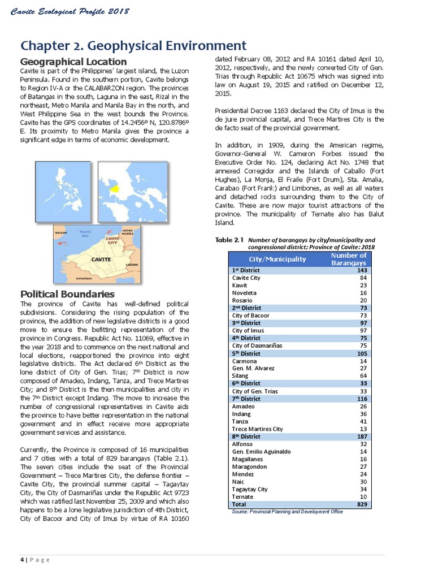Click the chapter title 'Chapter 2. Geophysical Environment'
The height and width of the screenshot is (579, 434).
[x=133, y=45]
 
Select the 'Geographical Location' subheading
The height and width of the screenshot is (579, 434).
[x=73, y=61]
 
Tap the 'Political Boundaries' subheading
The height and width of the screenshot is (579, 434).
[x=67, y=294]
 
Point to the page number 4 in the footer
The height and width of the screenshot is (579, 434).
[x=22, y=560]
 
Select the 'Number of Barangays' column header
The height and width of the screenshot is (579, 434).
[x=348, y=259]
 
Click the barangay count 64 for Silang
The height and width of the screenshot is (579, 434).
[x=363, y=375]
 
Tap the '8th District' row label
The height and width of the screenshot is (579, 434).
[x=246, y=437]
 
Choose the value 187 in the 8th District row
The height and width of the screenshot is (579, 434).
[x=362, y=437]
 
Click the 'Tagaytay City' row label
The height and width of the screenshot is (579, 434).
[x=250, y=489]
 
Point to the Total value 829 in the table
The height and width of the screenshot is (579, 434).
[x=362, y=504]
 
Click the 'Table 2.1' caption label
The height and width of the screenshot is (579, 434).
[x=229, y=240]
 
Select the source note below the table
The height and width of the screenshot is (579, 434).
[x=287, y=511]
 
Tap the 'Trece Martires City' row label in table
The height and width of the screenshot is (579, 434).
[x=257, y=429]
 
